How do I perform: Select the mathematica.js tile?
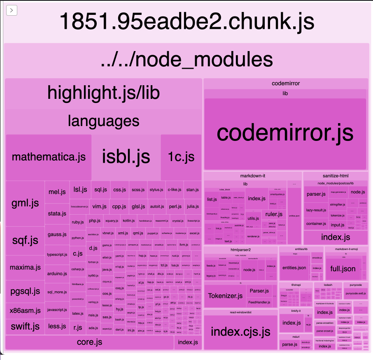coord(49,157)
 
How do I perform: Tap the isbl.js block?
coord(126,157)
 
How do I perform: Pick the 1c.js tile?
coord(181,157)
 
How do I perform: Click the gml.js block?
coord(25,203)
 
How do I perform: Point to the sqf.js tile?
coord(25,240)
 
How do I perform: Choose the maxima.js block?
coord(25,267)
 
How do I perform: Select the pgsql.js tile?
coord(25,292)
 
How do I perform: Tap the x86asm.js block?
coord(25,311)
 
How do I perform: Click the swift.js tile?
coord(25,327)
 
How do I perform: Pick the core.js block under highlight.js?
coord(89,342)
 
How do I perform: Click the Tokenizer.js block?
coord(225,296)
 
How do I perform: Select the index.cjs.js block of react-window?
coord(240,332)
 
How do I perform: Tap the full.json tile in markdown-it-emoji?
coord(343,269)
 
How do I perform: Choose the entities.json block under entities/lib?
coord(294,268)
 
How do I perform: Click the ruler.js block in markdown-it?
coord(274,214)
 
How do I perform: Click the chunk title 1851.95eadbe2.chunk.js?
coord(186,21)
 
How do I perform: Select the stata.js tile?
coord(57,213)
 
